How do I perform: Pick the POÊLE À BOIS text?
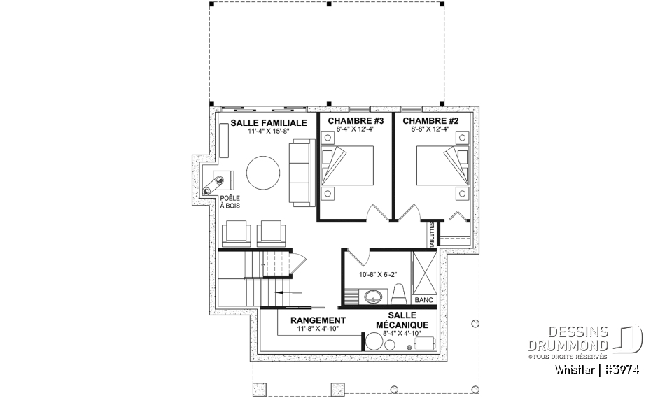click(230, 201)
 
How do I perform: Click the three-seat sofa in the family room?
click(302, 172)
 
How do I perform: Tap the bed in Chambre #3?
click(348, 165)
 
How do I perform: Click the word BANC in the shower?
click(424, 299)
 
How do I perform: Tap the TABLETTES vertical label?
click(432, 234)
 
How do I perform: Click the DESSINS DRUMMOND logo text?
click(568, 339)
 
